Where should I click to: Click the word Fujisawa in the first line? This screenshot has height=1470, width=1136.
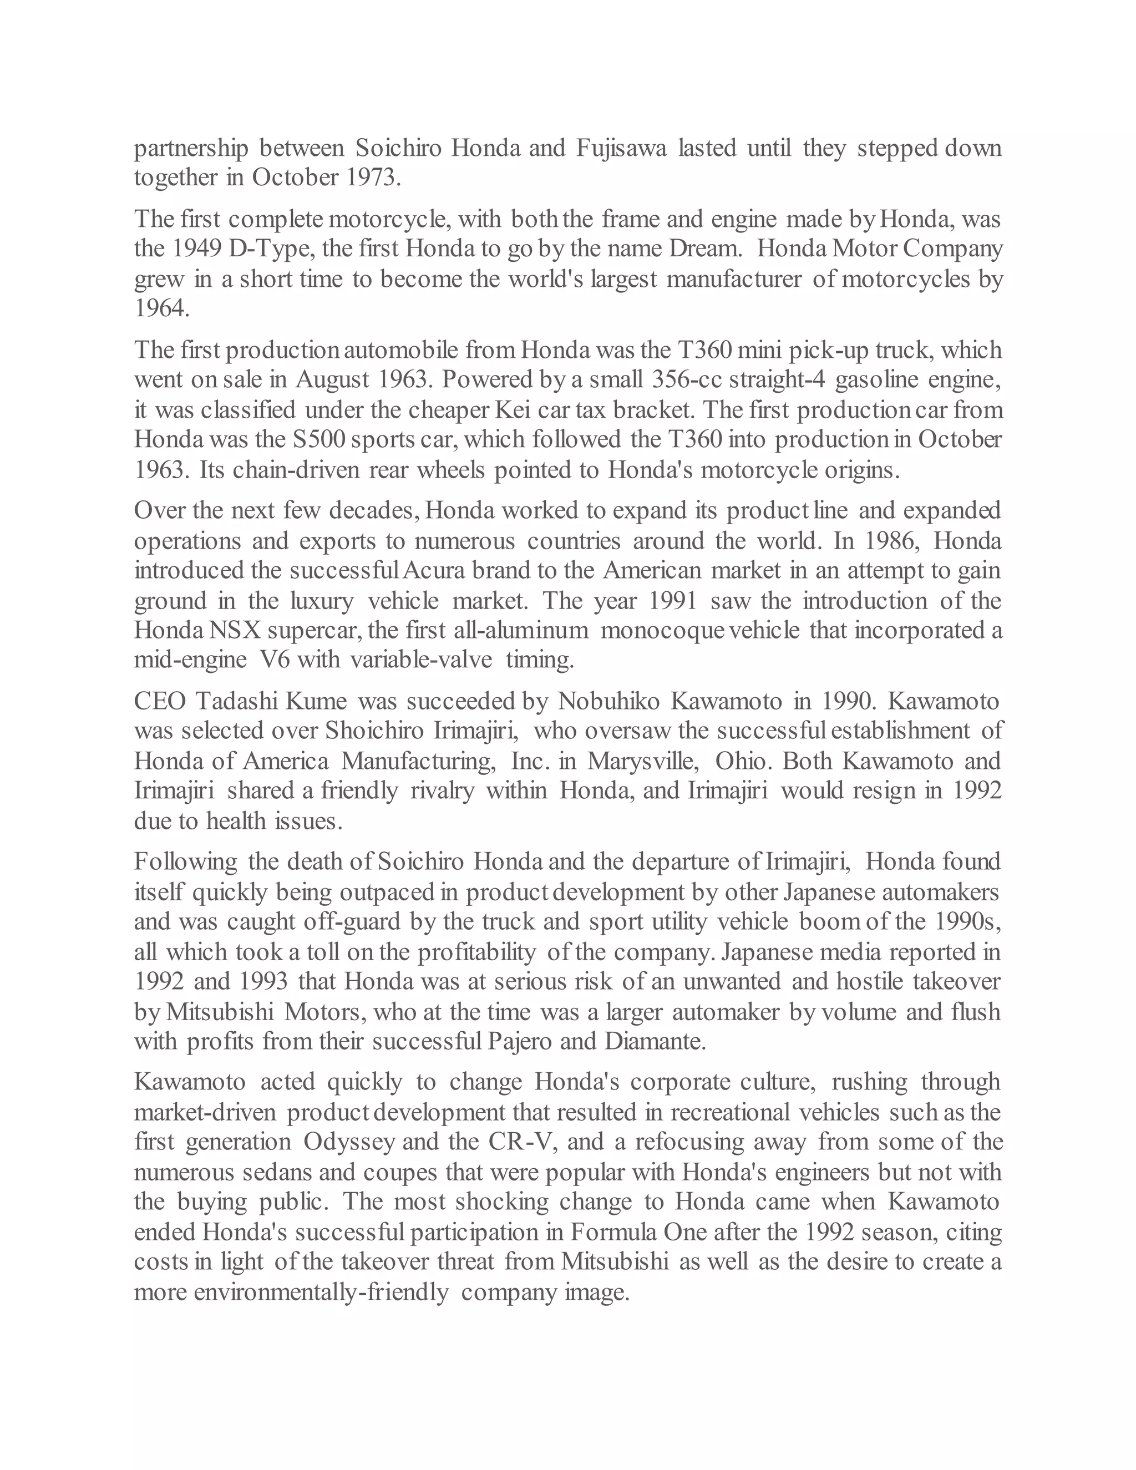[621, 148]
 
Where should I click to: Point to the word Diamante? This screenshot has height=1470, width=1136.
[655, 1041]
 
